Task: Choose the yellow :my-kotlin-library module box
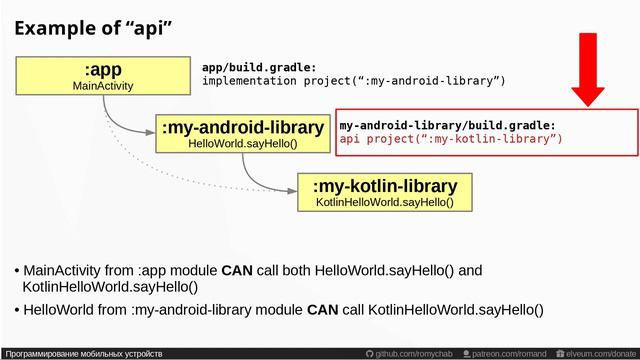tap(384, 193)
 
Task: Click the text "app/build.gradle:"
tap(259, 66)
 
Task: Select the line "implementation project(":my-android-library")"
tap(353, 80)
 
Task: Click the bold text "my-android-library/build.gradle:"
tap(447, 125)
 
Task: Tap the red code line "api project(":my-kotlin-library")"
tap(451, 139)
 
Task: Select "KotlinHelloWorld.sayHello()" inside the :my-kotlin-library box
tap(384, 203)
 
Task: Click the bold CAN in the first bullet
tap(237, 271)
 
